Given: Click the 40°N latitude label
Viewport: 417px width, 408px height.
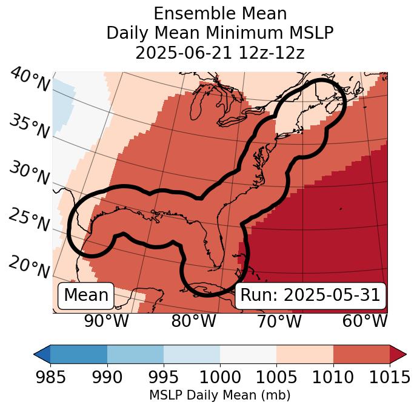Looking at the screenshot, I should (x=30, y=80).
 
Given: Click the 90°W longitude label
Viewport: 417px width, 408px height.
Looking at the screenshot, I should (x=107, y=321).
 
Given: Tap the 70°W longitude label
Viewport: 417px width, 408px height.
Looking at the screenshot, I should (x=279, y=321).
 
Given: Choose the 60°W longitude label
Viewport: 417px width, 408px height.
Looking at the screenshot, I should (x=365, y=321).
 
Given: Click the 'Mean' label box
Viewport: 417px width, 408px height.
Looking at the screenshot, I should (x=86, y=295).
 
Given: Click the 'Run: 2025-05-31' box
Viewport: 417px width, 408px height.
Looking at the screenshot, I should (x=310, y=295).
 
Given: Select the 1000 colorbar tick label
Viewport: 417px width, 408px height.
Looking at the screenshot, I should (x=219, y=377).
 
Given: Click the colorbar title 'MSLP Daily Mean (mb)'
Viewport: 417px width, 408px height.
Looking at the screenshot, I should (x=219, y=396).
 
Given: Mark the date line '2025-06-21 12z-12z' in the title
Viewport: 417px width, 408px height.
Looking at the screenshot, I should (x=219, y=53).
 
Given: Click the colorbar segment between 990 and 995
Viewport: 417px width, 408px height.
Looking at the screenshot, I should (x=135, y=354).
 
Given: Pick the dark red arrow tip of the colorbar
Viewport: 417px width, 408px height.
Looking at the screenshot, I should (x=398, y=354).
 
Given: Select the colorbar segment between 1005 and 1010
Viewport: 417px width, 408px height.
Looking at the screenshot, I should (x=305, y=354).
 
